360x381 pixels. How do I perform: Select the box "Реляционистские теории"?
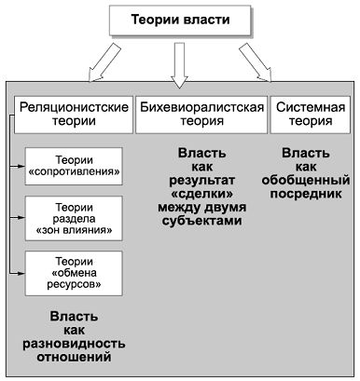click(73, 115)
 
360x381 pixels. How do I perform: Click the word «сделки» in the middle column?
click(201, 193)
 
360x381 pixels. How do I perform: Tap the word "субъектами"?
click(201, 222)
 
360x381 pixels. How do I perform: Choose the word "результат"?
click(201, 179)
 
